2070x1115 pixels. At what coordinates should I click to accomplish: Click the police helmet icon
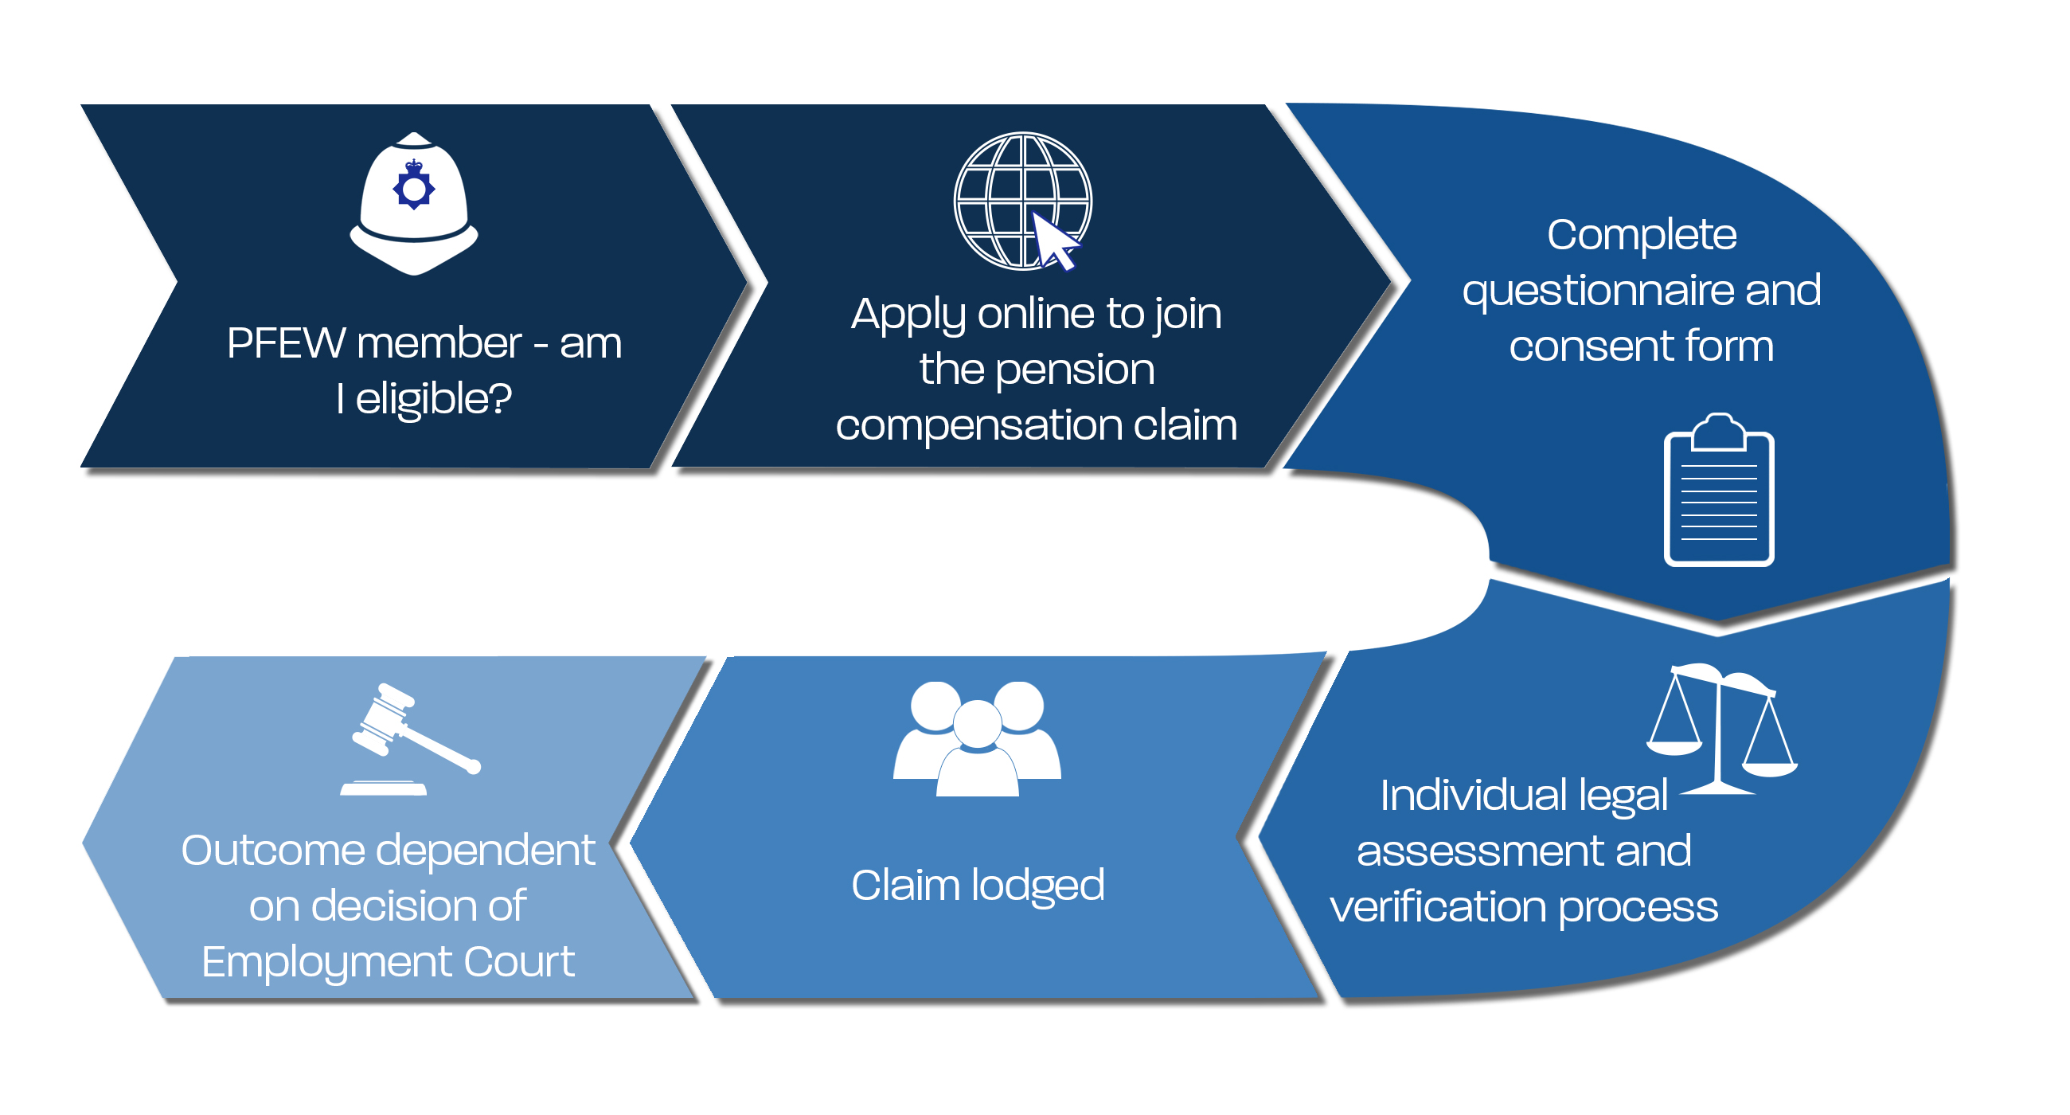coord(414,204)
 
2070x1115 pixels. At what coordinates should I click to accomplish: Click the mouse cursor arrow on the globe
coord(1054,241)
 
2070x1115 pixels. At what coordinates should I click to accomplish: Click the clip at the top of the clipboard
coord(1718,431)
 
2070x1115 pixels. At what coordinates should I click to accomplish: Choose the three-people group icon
coord(976,740)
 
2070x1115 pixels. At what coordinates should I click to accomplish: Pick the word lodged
coord(1037,886)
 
